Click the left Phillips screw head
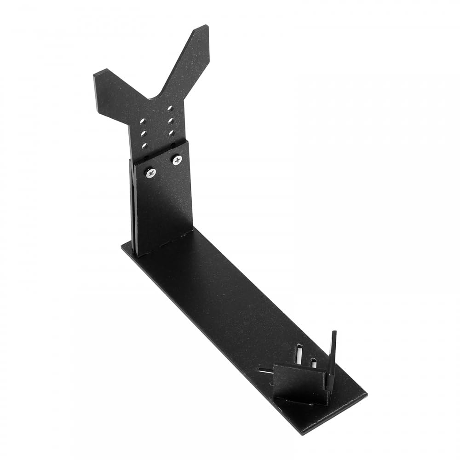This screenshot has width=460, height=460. [x=151, y=172]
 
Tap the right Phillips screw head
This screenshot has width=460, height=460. [x=177, y=160]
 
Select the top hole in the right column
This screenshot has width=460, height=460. [x=170, y=109]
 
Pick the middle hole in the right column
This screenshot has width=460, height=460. [x=171, y=121]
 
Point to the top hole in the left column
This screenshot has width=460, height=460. [x=143, y=121]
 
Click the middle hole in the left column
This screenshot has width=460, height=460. [x=143, y=133]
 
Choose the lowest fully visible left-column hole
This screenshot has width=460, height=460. [x=144, y=145]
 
